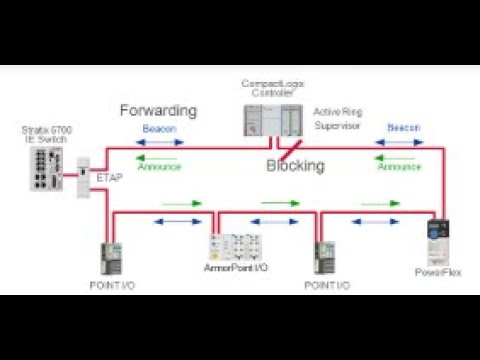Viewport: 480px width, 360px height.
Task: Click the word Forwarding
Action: [x=158, y=110]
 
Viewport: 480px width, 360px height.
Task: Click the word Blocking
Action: [x=295, y=166]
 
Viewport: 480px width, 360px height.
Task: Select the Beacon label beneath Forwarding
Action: [x=161, y=129]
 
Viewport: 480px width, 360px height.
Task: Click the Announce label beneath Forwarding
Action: [x=159, y=167]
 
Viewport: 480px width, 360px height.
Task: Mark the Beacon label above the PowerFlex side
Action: [x=404, y=129]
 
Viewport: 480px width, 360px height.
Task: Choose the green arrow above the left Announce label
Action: [x=160, y=156]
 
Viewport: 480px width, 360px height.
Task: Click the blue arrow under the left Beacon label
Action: [x=161, y=142]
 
